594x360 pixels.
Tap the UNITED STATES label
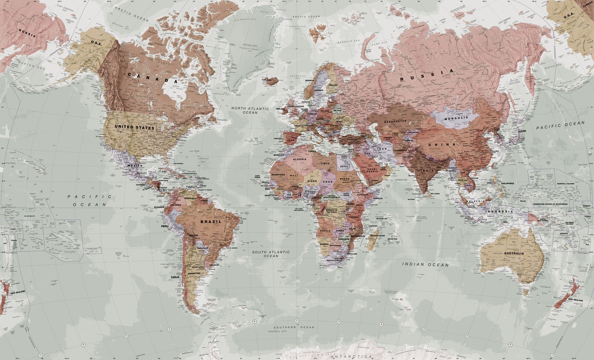(135, 127)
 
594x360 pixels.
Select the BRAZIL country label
(211, 221)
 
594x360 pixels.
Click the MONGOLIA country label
(456, 118)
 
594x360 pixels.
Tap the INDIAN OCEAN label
(425, 264)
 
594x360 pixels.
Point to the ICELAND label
(266, 80)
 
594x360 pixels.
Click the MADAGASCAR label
(377, 236)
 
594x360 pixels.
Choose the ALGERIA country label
(299, 159)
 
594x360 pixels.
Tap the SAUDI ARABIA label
(372, 170)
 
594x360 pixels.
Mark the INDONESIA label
(499, 212)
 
